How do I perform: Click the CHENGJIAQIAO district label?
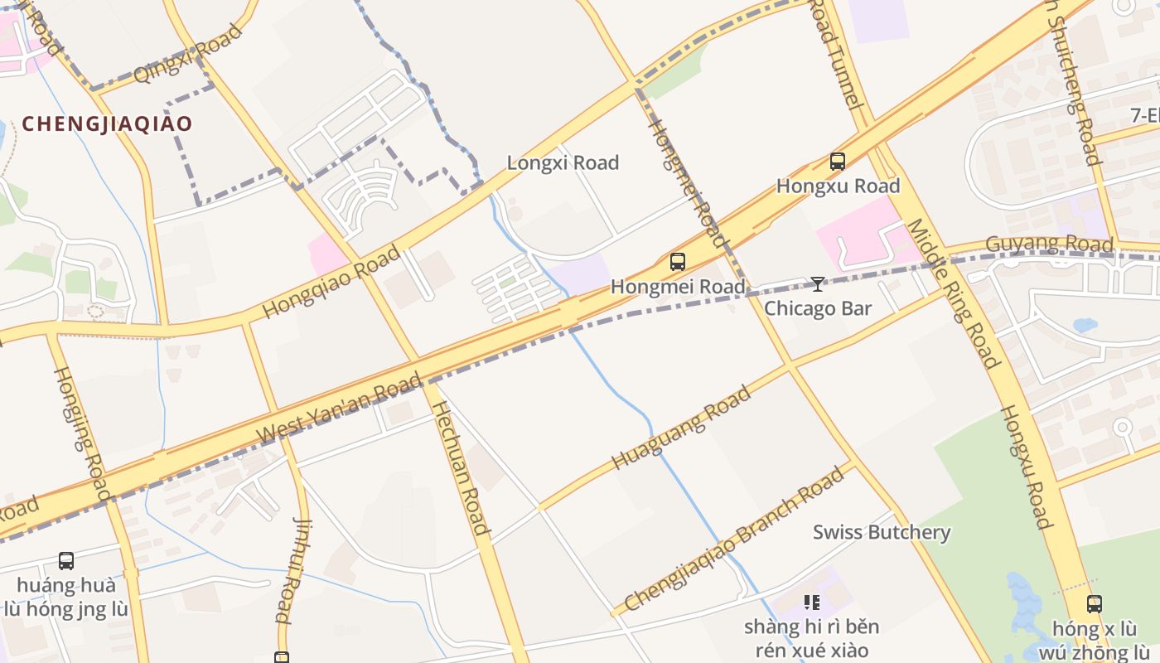click(x=107, y=124)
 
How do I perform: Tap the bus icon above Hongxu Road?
click(x=838, y=162)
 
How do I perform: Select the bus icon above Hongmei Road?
click(x=678, y=262)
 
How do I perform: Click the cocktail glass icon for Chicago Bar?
click(x=818, y=284)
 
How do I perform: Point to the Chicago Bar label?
click(x=818, y=308)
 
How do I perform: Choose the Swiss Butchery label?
click(x=882, y=532)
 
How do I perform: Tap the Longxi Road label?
click(x=563, y=162)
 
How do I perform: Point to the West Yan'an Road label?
click(x=339, y=409)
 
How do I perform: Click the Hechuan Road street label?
click(x=461, y=468)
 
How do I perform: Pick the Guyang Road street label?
click(x=1048, y=244)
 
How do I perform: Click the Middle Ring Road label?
click(x=954, y=293)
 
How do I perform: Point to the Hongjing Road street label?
click(x=81, y=433)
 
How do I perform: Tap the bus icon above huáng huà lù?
click(x=66, y=561)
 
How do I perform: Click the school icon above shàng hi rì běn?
click(x=811, y=603)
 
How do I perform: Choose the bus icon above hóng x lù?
click(x=1095, y=603)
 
